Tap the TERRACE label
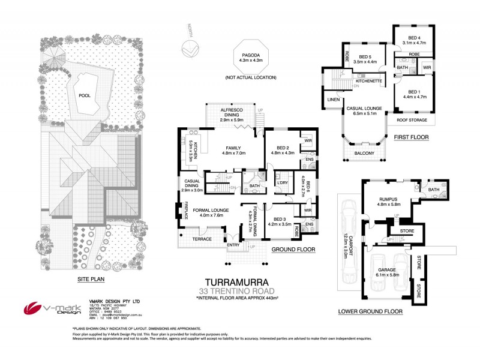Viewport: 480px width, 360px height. click(202, 239)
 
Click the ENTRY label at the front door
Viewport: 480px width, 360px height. click(233, 245)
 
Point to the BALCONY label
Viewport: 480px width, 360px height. click(364, 154)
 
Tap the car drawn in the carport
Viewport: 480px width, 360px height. click(349, 215)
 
